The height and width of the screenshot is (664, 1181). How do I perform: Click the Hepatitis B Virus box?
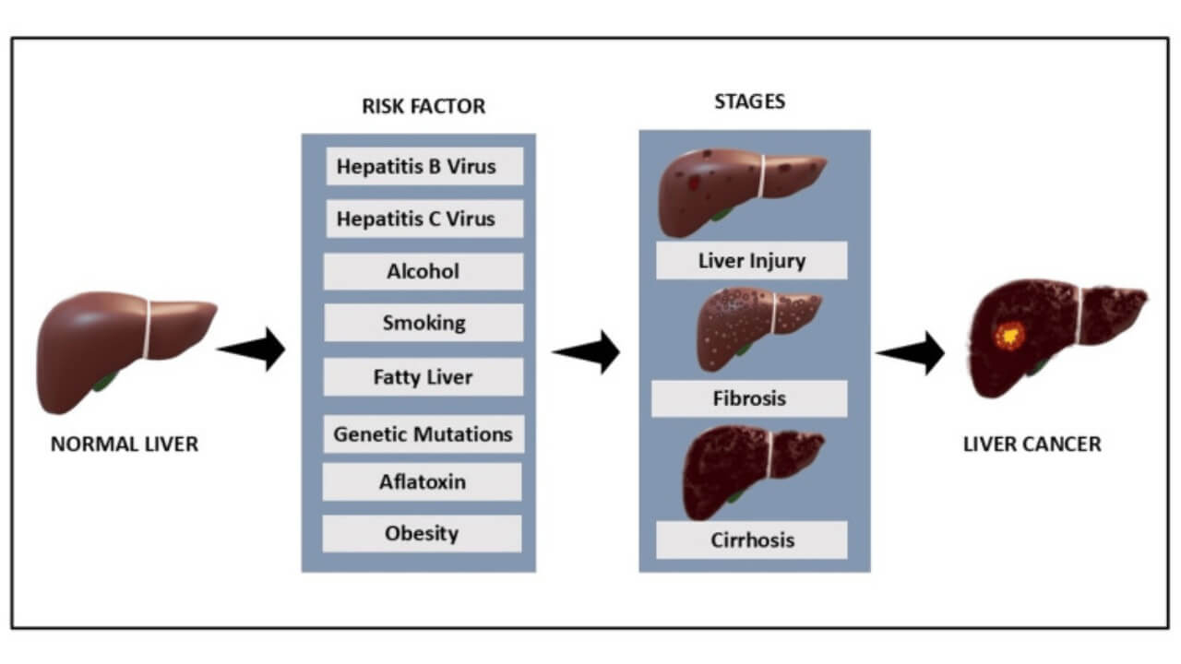tap(423, 167)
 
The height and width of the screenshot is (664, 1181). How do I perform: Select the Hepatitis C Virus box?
tap(423, 219)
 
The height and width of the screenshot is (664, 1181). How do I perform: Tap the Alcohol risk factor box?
tap(423, 272)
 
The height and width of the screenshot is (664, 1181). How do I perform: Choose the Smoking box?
tap(423, 324)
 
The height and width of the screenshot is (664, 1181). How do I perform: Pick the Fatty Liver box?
tap(423, 377)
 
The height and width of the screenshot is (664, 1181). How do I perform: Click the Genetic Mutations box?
tap(423, 433)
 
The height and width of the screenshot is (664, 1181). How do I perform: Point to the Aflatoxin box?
tap(423, 481)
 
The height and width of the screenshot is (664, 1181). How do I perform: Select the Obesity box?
tap(423, 534)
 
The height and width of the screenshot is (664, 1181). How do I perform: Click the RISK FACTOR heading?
tap(423, 106)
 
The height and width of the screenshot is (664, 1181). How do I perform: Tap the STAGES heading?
tap(750, 101)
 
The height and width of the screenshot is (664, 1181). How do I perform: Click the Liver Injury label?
tap(751, 261)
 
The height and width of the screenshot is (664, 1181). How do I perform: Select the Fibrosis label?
tap(749, 399)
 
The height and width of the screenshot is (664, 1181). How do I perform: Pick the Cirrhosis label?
tap(751, 539)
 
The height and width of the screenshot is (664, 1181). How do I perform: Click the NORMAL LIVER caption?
tap(125, 445)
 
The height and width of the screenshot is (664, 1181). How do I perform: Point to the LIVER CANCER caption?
tap(1032, 445)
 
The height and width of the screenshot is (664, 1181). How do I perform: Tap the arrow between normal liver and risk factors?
tap(254, 349)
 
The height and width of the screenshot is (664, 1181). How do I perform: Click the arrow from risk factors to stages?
tap(588, 351)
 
